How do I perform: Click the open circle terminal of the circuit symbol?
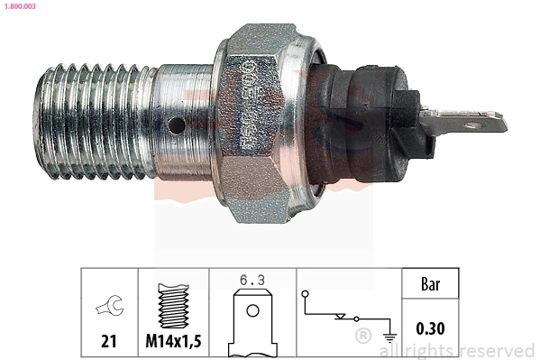(x=307, y=294)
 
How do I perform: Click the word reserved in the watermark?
(x=498, y=350)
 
